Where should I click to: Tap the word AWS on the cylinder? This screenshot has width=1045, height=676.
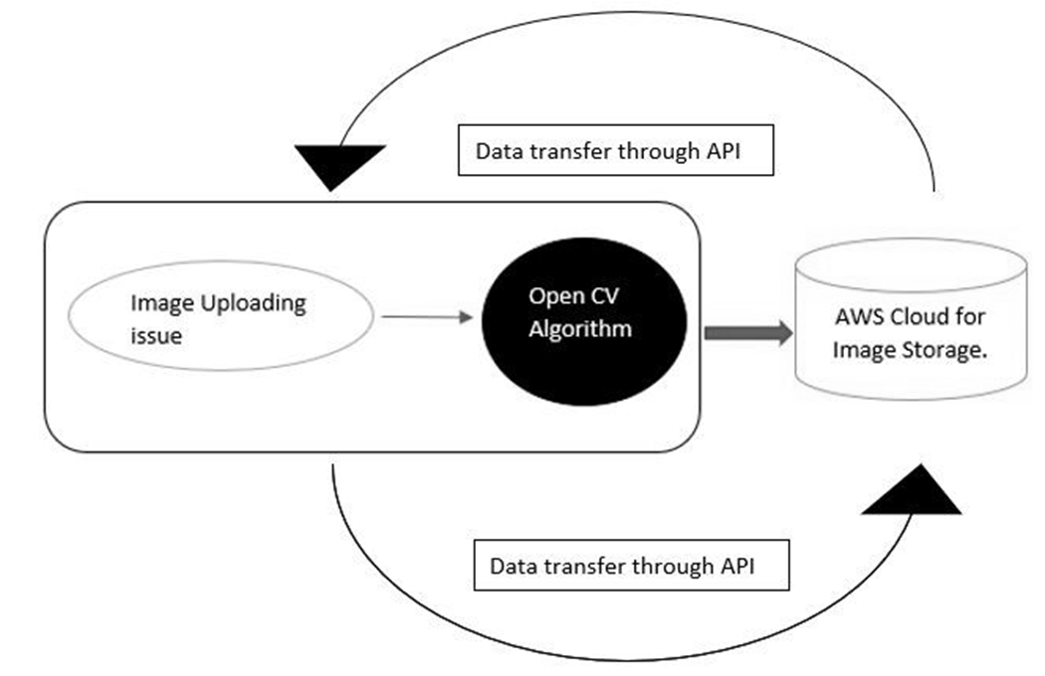pos(854,317)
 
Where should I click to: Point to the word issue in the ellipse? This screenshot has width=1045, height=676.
pos(156,336)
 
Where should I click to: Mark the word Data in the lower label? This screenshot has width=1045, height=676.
pos(510,567)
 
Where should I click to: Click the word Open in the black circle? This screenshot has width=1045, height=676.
pos(551,295)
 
